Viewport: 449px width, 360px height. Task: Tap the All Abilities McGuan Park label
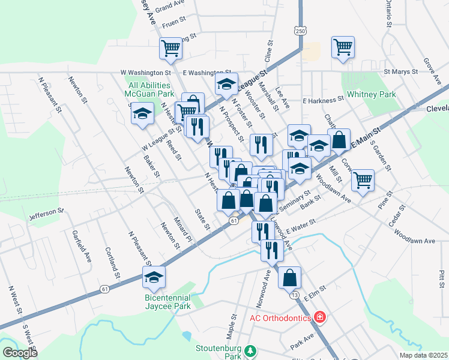pyautogui.click(x=149, y=89)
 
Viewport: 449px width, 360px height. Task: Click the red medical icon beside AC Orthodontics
pyautogui.click(x=320, y=317)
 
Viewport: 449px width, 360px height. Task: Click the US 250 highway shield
pyautogui.click(x=300, y=31)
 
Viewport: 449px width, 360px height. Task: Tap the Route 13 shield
pyautogui.click(x=294, y=295)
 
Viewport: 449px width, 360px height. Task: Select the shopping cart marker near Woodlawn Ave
pyautogui.click(x=363, y=179)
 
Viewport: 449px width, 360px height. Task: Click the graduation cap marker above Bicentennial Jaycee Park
pyautogui.click(x=154, y=277)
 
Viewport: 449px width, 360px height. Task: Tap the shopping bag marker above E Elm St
pyautogui.click(x=290, y=278)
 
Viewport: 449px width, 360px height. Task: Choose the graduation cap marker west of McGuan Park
pyautogui.click(x=142, y=113)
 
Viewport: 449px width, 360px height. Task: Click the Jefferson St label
pyautogui.click(x=46, y=212)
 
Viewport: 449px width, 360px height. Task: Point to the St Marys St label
pyautogui.click(x=400, y=71)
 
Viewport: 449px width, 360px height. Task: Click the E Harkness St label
pyautogui.click(x=322, y=100)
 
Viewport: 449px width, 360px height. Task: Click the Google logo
pyautogui.click(x=20, y=353)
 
